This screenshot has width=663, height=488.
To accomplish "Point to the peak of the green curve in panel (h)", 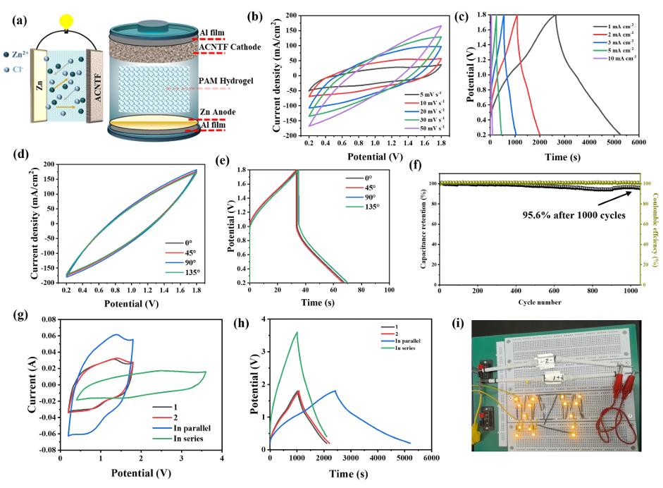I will pos(297,332).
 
